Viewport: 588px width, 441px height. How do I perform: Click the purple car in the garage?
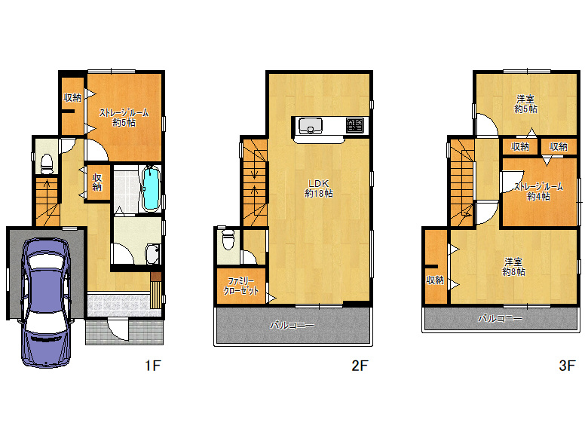point(46,302)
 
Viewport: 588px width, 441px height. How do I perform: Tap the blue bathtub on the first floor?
point(152,188)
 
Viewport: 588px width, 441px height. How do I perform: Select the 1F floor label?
point(153,365)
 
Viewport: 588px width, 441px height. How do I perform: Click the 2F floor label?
point(360,365)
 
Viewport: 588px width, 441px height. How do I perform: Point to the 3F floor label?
point(567,365)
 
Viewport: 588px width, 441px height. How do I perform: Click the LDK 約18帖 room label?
point(319,188)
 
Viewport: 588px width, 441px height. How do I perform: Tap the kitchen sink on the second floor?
point(310,126)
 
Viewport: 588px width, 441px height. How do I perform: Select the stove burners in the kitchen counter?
point(355,125)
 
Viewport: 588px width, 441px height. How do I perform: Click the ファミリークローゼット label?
point(241,286)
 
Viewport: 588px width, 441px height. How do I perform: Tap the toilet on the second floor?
point(228,239)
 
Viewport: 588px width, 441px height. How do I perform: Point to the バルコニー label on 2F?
point(292,325)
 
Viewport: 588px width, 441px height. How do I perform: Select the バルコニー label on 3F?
point(500,318)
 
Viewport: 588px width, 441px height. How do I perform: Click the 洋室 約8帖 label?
point(514,267)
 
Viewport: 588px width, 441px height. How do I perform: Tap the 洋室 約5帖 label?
point(525,104)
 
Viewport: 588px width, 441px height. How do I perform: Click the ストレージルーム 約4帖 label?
point(538,191)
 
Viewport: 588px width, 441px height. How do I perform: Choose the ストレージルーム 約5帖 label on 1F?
point(124,118)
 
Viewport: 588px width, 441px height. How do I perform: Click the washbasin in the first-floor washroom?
point(153,254)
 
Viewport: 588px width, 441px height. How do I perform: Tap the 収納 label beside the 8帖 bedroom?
point(435,280)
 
